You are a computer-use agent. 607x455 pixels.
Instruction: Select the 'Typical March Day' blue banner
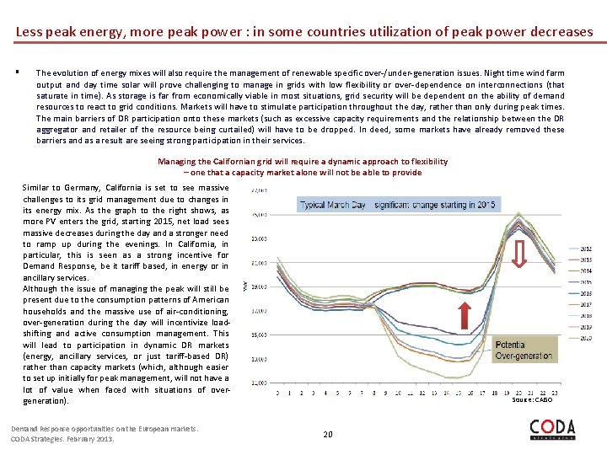pos(399,204)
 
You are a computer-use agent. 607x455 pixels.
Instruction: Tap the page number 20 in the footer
pos(328,435)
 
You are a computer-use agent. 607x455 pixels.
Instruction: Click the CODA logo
pos(552,430)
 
